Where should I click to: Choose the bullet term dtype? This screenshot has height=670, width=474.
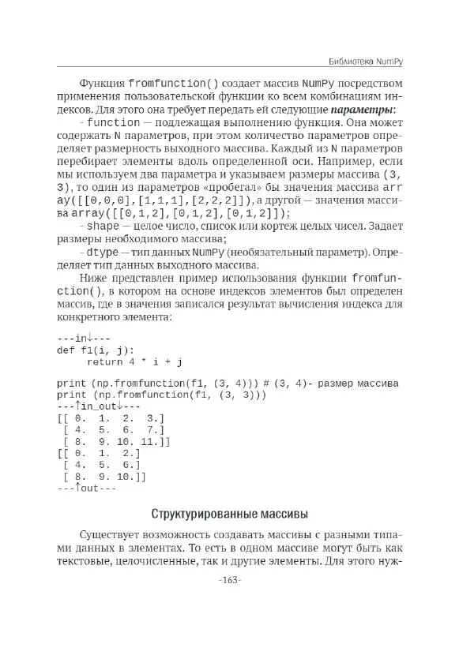[103, 253]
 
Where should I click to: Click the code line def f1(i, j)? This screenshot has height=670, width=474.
[96, 350]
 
